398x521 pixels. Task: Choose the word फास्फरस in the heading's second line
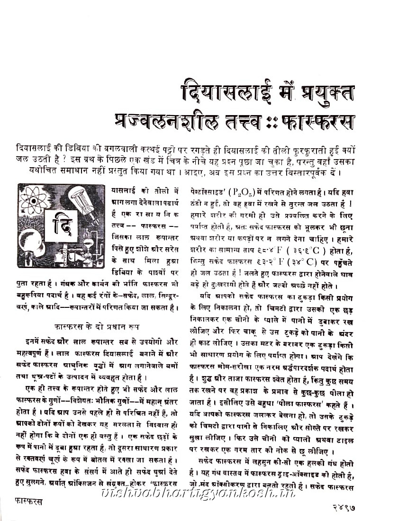(319, 121)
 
